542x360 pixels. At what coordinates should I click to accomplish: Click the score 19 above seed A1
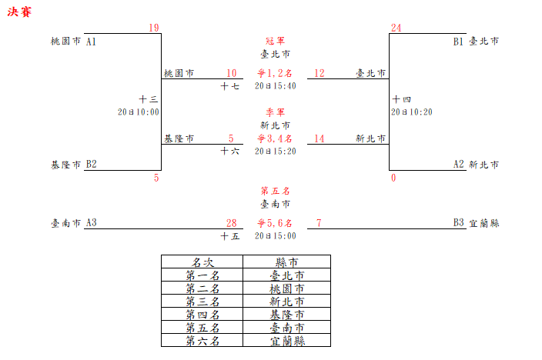[x=154, y=28]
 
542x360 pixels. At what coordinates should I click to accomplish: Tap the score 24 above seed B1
[x=396, y=28]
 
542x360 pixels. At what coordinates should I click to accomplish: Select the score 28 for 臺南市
[x=231, y=223]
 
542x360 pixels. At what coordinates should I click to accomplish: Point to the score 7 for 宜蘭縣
[x=319, y=223]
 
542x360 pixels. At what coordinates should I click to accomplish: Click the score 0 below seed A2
[x=393, y=178]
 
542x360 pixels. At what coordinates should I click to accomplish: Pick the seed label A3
[x=92, y=223]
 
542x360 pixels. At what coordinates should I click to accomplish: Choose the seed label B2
[x=92, y=164]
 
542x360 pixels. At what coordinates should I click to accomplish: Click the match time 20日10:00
[x=139, y=112]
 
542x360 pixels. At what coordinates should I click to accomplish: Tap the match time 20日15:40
[x=275, y=85]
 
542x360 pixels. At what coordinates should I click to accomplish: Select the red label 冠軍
[x=275, y=41]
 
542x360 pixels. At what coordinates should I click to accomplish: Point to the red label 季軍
[x=275, y=112]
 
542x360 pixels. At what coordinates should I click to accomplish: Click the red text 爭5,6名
[x=275, y=223]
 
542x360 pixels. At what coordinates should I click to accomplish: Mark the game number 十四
[x=401, y=99]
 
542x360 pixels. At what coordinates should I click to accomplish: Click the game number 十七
[x=229, y=86]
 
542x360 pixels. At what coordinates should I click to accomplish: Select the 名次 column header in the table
[x=202, y=262]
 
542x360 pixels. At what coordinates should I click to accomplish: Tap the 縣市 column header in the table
[x=286, y=262]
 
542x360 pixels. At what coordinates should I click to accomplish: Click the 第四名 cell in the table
[x=202, y=314]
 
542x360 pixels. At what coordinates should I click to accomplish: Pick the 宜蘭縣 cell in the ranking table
[x=286, y=340]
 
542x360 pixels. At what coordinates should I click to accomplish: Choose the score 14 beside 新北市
[x=319, y=138]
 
